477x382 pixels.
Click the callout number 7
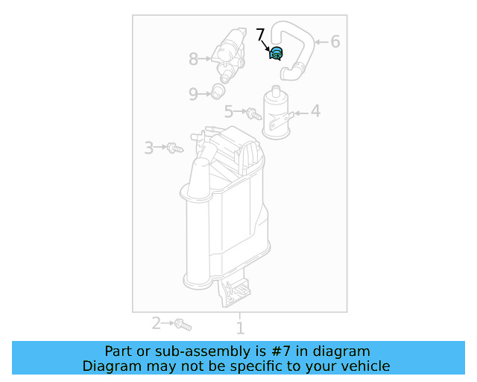click(260, 34)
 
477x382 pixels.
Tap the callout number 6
click(335, 42)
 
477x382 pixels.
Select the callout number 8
click(194, 57)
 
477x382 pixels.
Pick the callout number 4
click(315, 111)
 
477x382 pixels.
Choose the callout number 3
click(149, 148)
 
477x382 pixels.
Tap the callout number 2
click(157, 323)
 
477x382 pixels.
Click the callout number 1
click(240, 328)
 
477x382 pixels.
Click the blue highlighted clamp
click(276, 53)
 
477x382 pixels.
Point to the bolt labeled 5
click(253, 114)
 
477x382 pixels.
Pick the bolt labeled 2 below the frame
click(183, 325)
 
